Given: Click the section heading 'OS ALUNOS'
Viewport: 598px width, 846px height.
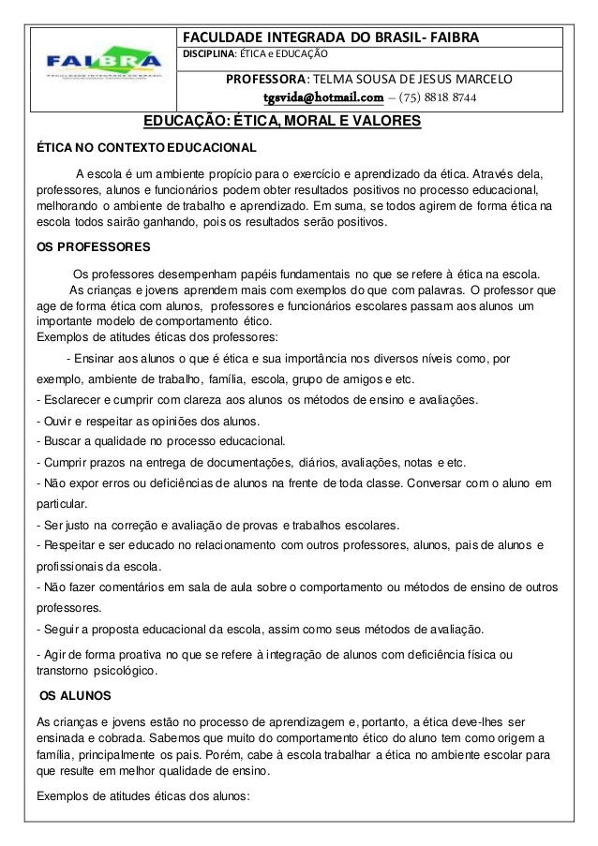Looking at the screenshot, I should coord(73,696).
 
